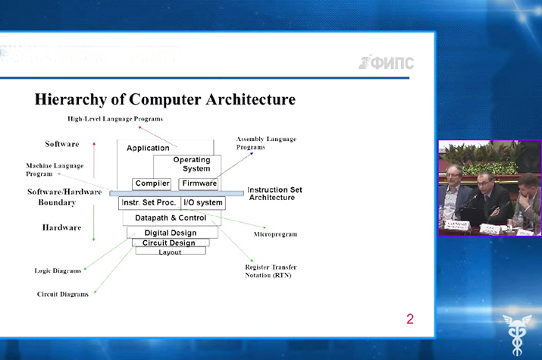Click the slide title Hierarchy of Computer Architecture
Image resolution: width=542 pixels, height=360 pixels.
164,99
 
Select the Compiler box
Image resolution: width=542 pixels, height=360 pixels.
152,183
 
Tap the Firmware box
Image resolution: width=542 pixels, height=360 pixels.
199,183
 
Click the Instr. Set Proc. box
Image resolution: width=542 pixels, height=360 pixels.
149,202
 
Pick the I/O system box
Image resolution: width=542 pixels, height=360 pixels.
203,202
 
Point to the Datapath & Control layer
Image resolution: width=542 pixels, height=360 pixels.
171,218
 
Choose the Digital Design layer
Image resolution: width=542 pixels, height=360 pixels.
170,233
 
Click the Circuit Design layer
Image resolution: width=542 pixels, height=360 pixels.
169,243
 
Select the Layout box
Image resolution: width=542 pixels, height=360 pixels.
170,252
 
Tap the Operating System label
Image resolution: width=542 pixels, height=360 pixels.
192,164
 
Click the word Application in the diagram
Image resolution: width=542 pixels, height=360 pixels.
148,148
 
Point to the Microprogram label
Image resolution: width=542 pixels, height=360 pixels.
275,234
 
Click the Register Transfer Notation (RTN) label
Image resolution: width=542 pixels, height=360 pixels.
271,271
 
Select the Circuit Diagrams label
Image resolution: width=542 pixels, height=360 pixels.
63,294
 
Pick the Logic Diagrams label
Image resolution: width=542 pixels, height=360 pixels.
58,271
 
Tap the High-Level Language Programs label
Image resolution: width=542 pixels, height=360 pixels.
115,119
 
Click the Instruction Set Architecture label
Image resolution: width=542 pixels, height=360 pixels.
275,193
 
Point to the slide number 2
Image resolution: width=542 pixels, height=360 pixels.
410,319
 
